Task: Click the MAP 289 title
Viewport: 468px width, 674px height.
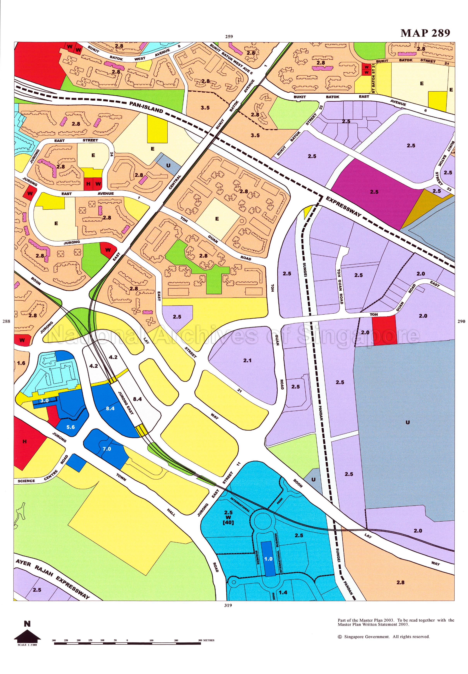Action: pos(425,33)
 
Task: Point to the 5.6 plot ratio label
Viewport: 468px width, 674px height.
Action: pos(70,427)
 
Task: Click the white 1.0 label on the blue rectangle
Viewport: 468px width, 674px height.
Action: pos(268,559)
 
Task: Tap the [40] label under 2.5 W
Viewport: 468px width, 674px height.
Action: pos(228,522)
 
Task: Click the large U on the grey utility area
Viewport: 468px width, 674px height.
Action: pos(407,423)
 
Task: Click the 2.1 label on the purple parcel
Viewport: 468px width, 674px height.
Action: pos(247,360)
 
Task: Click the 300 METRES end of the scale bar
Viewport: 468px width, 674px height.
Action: pos(206,640)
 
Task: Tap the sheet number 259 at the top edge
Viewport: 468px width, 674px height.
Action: pos(229,37)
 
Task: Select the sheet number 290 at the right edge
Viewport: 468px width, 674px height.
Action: pos(461,321)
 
